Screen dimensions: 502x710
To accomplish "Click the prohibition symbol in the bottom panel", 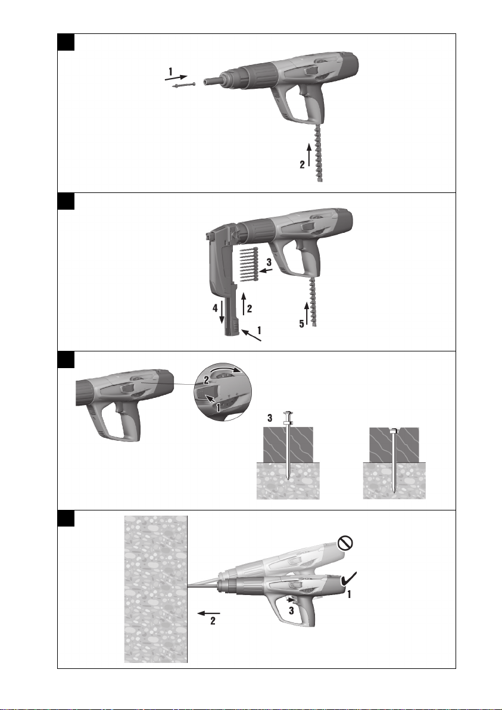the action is click(345, 543).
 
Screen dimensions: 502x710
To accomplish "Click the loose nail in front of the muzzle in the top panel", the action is click(184, 86).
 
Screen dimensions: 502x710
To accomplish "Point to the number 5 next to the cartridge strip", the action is click(301, 324).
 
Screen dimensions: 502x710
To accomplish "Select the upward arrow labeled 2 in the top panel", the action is click(309, 155).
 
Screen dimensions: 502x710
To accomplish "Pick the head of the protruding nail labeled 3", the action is click(288, 415).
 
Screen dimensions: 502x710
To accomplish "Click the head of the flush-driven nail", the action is click(394, 431).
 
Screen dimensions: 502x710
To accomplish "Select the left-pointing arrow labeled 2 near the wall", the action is click(208, 613).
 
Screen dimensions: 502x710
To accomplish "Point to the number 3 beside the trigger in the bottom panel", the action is click(292, 611).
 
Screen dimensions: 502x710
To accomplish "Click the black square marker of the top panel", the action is click(66, 42).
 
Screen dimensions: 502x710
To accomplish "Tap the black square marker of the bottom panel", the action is click(66, 518).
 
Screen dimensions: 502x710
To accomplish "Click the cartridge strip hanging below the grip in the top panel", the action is click(318, 152).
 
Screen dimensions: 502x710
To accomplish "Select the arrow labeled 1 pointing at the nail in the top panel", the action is click(176, 78).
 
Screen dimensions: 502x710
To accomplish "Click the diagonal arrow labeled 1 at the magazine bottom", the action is click(252, 335).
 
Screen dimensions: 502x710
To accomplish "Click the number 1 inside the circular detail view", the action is click(218, 407).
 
